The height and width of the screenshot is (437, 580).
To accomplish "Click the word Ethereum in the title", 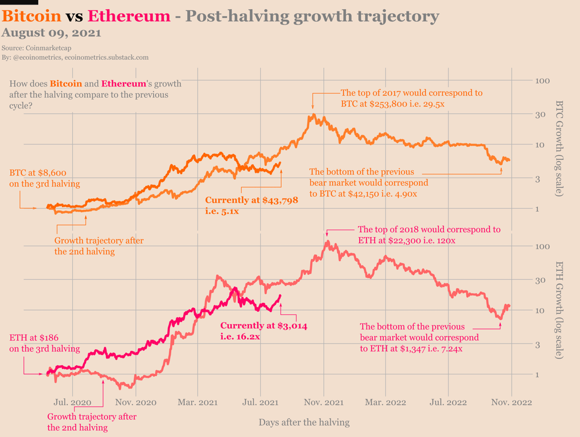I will (x=129, y=15).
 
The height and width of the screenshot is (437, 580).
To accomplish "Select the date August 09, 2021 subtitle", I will (x=52, y=33).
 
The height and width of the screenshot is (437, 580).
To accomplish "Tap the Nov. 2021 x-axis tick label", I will (x=323, y=402).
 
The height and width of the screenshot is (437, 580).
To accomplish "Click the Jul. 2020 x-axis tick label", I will (x=73, y=402).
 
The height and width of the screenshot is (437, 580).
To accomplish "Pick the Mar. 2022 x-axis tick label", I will (x=386, y=402).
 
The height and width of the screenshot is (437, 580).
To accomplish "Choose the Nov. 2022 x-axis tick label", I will (x=511, y=402).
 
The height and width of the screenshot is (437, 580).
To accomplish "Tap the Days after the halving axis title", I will (x=304, y=422).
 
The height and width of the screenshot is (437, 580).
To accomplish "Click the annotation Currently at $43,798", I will (x=252, y=201).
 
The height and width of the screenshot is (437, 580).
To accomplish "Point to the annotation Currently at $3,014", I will (x=264, y=326).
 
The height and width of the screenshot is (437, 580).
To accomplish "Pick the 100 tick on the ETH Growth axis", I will (x=544, y=246).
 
